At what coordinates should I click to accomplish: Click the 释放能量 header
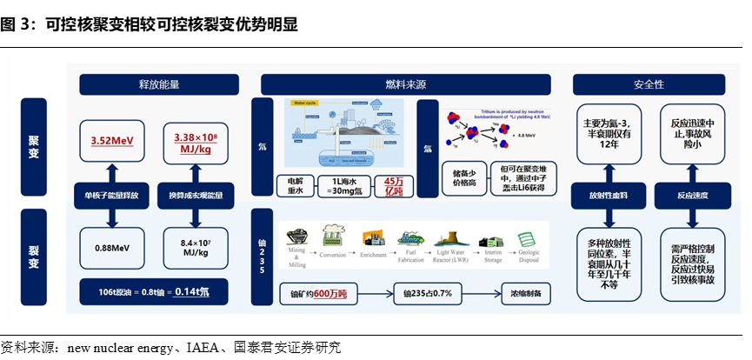(x=159, y=84)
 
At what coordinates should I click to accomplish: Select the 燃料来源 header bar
(x=406, y=84)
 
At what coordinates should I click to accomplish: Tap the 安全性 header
(x=649, y=84)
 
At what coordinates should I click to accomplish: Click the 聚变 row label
(x=34, y=141)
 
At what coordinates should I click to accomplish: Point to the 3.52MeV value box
(x=111, y=140)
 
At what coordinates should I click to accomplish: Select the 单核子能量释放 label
(x=111, y=196)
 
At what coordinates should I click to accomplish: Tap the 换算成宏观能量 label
(x=196, y=196)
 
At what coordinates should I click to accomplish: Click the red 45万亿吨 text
(x=392, y=187)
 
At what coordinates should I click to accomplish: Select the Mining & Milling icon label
(x=298, y=258)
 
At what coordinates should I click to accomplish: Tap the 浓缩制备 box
(x=525, y=294)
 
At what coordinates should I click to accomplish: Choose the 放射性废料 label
(x=607, y=196)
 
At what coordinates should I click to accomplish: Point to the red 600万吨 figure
(x=330, y=294)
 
